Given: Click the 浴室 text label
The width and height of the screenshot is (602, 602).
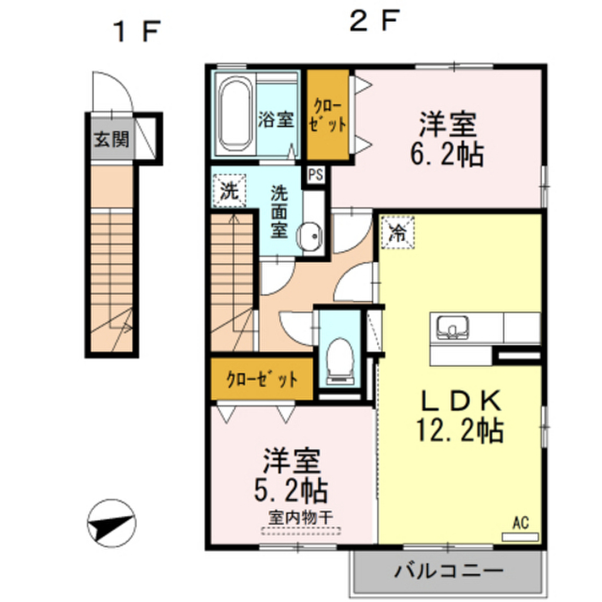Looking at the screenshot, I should [x=275, y=119].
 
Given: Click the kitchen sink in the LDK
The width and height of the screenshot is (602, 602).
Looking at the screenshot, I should [x=452, y=327].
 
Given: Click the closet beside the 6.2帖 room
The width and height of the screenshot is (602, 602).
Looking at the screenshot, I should [x=328, y=115].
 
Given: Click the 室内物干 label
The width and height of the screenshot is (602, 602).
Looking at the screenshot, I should [x=301, y=519].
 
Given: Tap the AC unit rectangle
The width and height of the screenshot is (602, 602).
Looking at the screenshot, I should [x=520, y=537].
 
